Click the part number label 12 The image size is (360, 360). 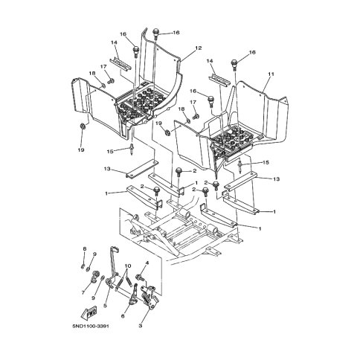[x=199, y=48]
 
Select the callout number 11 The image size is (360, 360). [x=271, y=74]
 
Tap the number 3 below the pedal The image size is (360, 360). [x=140, y=326]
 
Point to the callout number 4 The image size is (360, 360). [x=147, y=263]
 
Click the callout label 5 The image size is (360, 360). [x=105, y=306]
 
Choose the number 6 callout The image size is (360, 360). [x=123, y=316]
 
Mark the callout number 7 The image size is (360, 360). [x=83, y=292]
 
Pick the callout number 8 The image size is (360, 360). [x=84, y=248]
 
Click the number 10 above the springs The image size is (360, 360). [x=128, y=266]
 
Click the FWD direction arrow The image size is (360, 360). [x=89, y=313]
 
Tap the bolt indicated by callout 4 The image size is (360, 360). [x=139, y=277]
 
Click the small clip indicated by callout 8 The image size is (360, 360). [x=83, y=266]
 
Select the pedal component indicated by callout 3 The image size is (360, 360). [x=149, y=297]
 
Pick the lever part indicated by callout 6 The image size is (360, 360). [x=133, y=295]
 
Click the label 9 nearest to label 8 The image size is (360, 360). [x=94, y=254]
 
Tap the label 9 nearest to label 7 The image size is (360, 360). [x=93, y=298]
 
